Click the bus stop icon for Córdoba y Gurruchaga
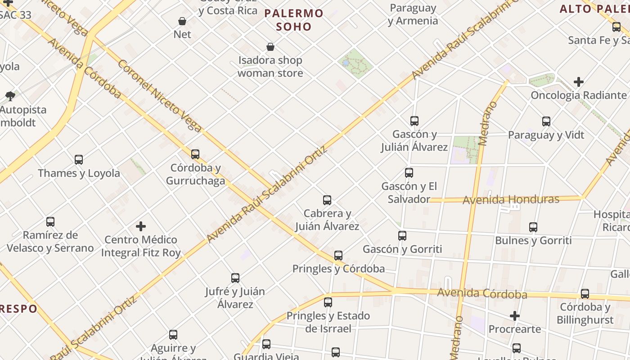(195, 154)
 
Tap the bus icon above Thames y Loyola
(79, 160)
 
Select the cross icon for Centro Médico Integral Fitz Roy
(141, 226)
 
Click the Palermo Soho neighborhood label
(294, 20)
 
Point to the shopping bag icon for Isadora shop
(270, 47)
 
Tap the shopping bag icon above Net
(182, 21)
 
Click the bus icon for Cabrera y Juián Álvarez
(327, 200)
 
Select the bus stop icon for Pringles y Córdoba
(338, 256)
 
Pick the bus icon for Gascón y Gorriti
(402, 236)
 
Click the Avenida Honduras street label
(511, 199)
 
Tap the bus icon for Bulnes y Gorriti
(533, 227)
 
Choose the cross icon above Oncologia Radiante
(579, 82)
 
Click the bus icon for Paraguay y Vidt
(546, 121)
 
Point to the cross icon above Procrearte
(515, 316)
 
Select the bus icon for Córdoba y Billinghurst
(585, 294)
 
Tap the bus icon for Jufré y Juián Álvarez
(235, 278)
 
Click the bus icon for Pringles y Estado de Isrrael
(328, 302)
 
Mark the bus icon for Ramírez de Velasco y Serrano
(50, 222)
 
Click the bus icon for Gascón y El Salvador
(409, 173)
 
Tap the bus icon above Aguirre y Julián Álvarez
(173, 335)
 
